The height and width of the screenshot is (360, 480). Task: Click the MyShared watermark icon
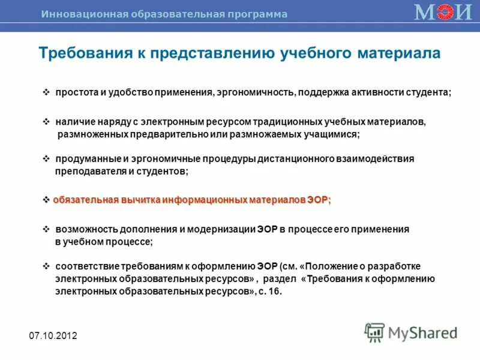374,332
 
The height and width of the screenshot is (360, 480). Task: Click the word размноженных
92,134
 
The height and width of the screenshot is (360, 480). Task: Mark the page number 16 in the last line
275,292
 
